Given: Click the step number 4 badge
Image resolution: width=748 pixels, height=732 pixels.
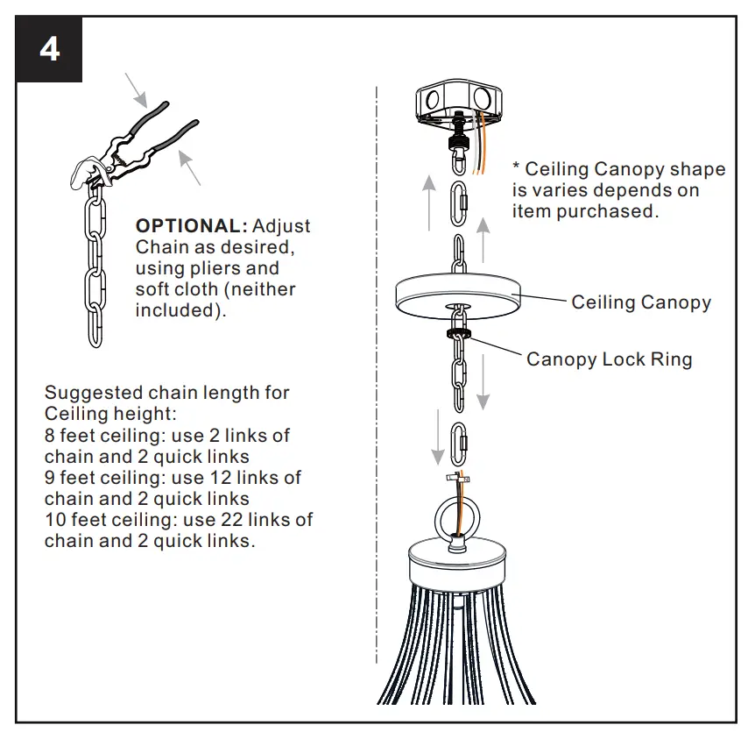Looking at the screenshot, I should click(50, 49).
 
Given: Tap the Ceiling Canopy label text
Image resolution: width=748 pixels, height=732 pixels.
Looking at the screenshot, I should click(641, 302).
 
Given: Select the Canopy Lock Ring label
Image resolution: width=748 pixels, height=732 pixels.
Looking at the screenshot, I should click(609, 359).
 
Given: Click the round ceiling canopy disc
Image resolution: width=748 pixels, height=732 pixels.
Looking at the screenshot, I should click(457, 292).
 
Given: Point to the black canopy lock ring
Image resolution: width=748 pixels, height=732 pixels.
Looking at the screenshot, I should click(457, 334).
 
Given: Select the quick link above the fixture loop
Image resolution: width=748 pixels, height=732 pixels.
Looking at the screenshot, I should click(458, 444).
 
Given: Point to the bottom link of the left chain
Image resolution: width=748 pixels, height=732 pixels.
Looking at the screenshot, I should click(94, 332).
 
